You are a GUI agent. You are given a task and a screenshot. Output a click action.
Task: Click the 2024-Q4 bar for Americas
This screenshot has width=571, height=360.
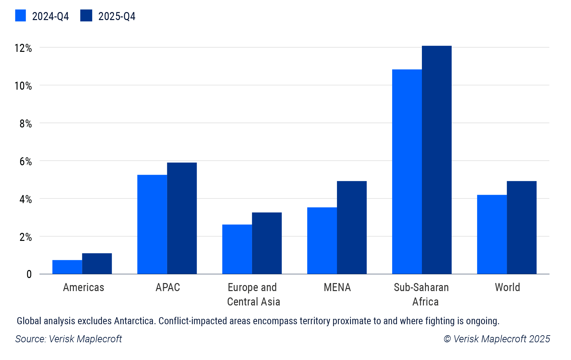click(67, 267)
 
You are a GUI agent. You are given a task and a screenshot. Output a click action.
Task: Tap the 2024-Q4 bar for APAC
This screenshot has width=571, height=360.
click(152, 224)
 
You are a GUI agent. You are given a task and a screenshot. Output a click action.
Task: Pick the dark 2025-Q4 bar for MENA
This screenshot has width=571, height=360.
click(352, 228)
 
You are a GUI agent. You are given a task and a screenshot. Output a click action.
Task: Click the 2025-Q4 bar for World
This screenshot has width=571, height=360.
click(522, 228)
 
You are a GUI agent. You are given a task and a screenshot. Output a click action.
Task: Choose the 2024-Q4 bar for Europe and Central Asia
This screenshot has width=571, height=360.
click(237, 249)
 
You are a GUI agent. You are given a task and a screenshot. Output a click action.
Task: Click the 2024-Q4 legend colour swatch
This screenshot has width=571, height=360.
click(20, 16)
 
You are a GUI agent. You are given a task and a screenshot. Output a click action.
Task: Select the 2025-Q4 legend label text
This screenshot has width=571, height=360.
click(117, 16)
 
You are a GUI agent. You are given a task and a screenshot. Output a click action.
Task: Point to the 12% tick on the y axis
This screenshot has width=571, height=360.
click(23, 48)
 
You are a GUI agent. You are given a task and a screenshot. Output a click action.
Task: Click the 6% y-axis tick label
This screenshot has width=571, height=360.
click(25, 162)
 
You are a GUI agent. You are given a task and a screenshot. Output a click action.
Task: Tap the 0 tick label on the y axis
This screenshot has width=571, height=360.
click(29, 275)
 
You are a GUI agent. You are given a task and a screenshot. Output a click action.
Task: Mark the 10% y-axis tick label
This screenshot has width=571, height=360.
click(23, 86)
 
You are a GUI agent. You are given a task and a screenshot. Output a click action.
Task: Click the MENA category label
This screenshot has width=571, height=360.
click(337, 287)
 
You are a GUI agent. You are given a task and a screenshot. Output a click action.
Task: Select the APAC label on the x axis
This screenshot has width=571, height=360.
click(167, 287)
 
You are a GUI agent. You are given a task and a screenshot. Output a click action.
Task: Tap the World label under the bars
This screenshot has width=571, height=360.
click(507, 287)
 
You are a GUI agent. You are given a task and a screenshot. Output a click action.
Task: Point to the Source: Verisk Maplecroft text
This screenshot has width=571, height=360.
click(69, 339)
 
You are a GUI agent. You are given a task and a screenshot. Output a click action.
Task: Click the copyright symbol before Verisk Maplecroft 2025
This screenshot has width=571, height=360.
click(447, 339)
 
